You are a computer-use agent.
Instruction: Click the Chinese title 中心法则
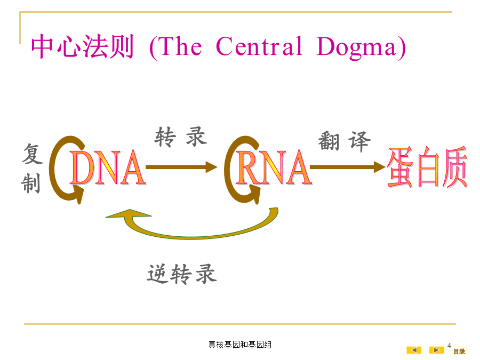[x=82, y=46]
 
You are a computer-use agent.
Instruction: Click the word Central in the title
[x=259, y=46]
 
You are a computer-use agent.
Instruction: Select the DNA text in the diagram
[x=107, y=167]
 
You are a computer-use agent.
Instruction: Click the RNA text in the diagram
[x=274, y=167]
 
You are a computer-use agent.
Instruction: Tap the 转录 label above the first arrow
[x=181, y=137]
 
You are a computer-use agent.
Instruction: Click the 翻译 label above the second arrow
[x=345, y=141]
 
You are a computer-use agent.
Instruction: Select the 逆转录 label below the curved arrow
[x=182, y=274]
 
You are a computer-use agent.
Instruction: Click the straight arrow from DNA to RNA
[x=181, y=167]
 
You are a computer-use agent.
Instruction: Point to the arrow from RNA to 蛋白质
[x=347, y=167]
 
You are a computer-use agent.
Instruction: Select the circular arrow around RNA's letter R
[x=227, y=169]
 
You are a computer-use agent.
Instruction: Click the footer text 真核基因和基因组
[x=240, y=345]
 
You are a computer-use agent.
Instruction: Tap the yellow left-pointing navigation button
[x=414, y=350]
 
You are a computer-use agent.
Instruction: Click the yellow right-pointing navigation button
[x=436, y=350]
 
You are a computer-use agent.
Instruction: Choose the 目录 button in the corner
[x=459, y=351]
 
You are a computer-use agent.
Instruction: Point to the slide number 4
[x=449, y=345]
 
